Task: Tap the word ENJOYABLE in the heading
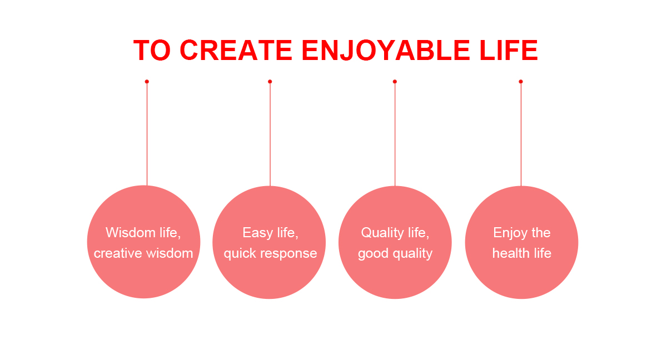(386, 50)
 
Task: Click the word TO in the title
(152, 50)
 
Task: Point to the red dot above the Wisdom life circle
(147, 82)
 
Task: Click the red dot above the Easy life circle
(270, 82)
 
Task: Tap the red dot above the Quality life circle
(395, 82)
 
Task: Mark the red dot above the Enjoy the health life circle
(521, 82)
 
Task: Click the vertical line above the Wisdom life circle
(147, 134)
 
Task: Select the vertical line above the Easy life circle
(270, 134)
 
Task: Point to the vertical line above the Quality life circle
(395, 134)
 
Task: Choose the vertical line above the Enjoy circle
(521, 134)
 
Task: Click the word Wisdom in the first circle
(131, 232)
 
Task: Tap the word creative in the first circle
(118, 253)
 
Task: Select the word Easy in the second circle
(257, 233)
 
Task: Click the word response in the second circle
(288, 254)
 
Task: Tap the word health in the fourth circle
(511, 253)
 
